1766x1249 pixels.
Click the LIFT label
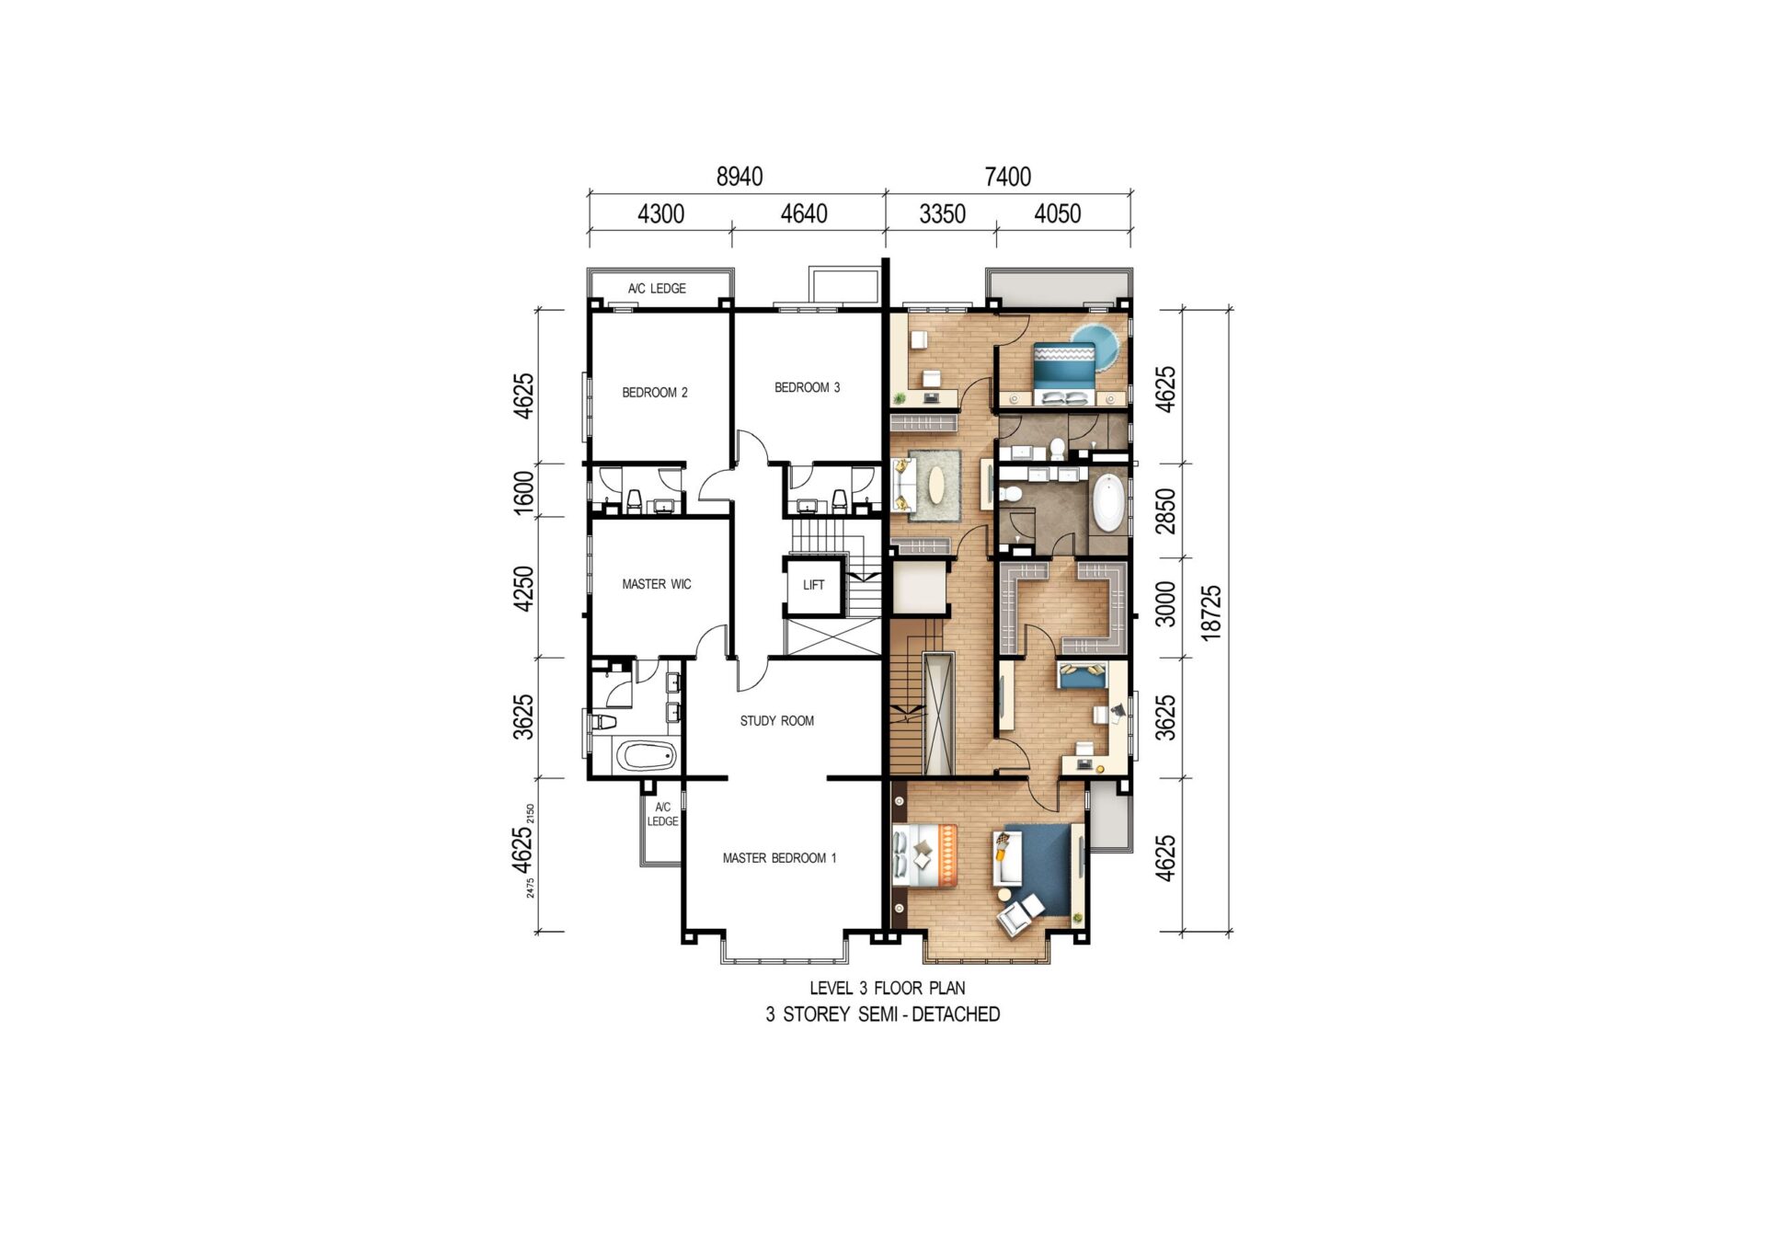point(813,585)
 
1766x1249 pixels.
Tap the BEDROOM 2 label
point(655,393)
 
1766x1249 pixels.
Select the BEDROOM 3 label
point(807,388)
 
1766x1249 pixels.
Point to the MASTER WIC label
point(656,584)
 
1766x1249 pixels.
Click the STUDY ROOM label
point(777,721)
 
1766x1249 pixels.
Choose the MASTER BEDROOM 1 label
point(779,858)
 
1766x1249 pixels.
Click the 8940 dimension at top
point(740,177)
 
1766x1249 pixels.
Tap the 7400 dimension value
point(1008,177)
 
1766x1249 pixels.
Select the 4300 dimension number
point(660,214)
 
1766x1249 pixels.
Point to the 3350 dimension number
point(942,214)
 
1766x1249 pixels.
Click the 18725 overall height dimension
point(1210,612)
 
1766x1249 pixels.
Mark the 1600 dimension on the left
point(522,492)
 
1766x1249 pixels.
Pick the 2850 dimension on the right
point(1164,510)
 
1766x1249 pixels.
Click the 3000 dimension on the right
point(1164,603)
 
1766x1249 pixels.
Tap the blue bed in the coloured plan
point(1064,373)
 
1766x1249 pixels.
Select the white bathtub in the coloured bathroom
point(1108,502)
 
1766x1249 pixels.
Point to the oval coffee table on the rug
point(936,485)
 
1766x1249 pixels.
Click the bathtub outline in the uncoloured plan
point(646,757)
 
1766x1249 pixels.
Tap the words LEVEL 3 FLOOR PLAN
point(888,988)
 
